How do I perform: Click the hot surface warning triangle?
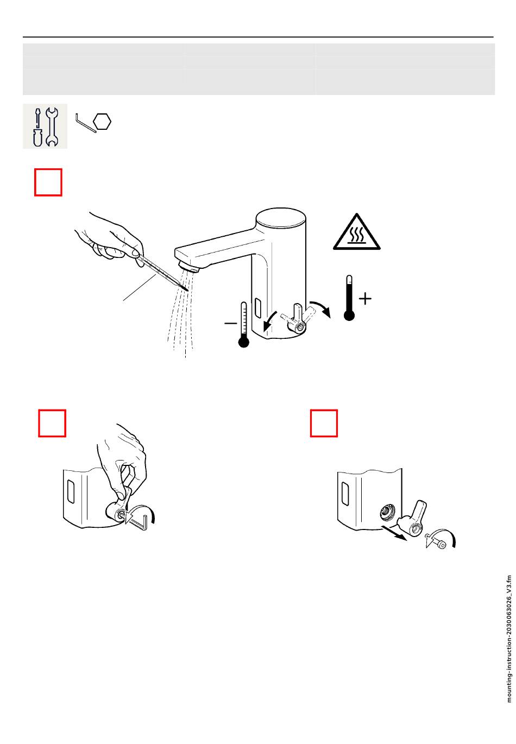[x=356, y=232]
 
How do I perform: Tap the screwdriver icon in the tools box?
[x=38, y=127]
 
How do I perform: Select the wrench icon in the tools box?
[x=52, y=127]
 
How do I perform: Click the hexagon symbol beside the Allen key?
[x=102, y=122]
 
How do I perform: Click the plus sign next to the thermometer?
[x=365, y=299]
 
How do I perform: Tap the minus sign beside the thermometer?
[x=231, y=323]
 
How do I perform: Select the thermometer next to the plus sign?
[x=349, y=298]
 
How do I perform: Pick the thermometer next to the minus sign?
[x=244, y=325]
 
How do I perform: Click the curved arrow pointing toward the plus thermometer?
[x=320, y=307]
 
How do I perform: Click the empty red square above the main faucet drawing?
[x=48, y=182]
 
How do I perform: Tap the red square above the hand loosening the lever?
[x=52, y=423]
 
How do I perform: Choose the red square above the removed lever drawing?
[x=324, y=423]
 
